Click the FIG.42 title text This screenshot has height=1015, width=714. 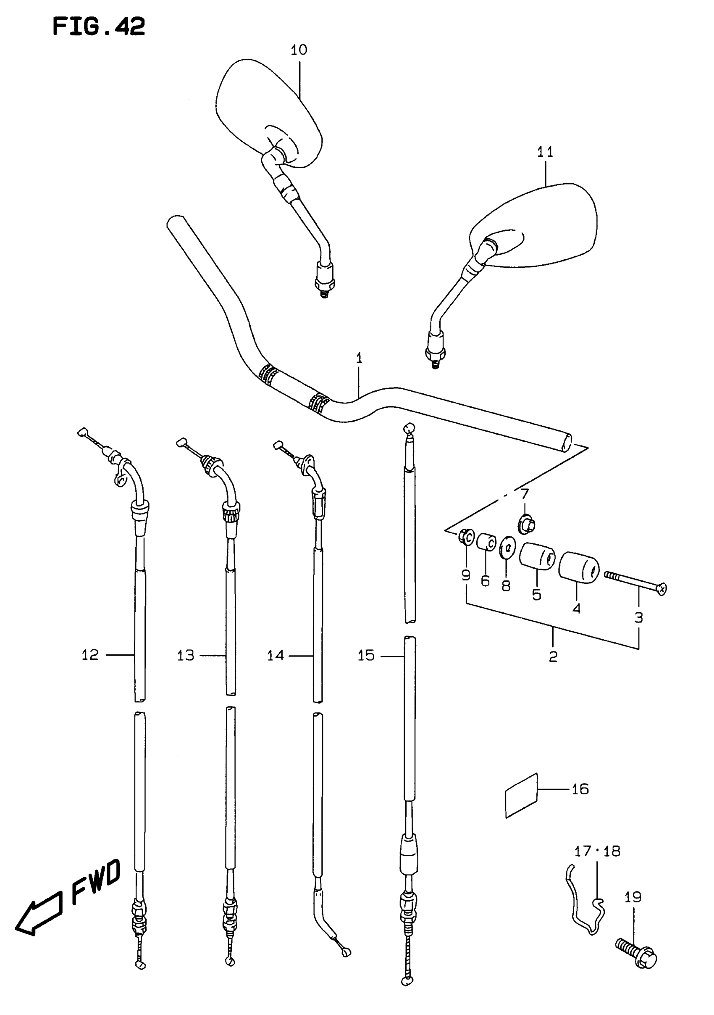pyautogui.click(x=99, y=26)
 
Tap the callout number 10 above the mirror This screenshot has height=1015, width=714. pyautogui.click(x=299, y=50)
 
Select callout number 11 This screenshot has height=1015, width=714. pyautogui.click(x=545, y=152)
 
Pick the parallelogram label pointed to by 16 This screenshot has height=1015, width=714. pyautogui.click(x=521, y=795)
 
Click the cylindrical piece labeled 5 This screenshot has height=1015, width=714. pyautogui.click(x=537, y=556)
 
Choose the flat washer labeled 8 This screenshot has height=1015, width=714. pyautogui.click(x=507, y=548)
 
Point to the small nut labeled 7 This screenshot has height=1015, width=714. pyautogui.click(x=526, y=525)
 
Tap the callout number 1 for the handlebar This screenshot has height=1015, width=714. pyautogui.click(x=359, y=358)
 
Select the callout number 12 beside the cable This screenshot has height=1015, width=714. pyautogui.click(x=90, y=655)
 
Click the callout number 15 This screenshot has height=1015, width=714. pyautogui.click(x=366, y=655)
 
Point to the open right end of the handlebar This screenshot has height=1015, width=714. pyautogui.click(x=566, y=443)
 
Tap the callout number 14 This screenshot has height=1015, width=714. pyautogui.click(x=275, y=655)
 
